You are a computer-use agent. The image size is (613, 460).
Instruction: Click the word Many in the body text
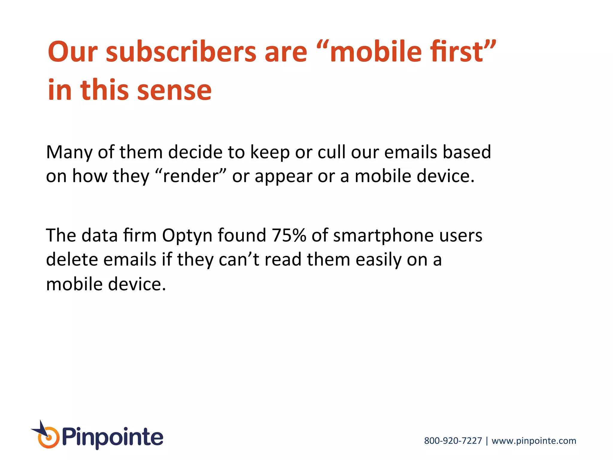[69, 152]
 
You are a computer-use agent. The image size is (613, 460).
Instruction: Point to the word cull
[331, 152]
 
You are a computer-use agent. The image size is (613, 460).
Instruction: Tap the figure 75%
[289, 235]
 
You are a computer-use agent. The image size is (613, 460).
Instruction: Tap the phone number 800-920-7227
[453, 441]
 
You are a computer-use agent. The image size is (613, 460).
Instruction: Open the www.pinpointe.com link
[534, 441]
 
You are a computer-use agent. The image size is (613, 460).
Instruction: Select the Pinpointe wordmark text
[113, 438]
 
